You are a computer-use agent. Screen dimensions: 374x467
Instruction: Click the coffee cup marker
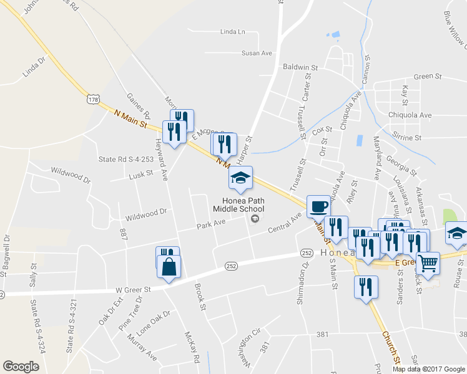tap(318, 206)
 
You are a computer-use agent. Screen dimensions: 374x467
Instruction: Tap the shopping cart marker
tap(428, 263)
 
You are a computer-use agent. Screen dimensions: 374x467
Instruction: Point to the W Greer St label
tap(134, 289)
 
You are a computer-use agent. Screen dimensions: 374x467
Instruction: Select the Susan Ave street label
tap(257, 53)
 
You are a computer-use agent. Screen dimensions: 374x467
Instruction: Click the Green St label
tap(428, 76)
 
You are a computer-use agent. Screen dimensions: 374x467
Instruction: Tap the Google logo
tap(21, 367)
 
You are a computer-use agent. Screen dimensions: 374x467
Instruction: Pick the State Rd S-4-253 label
tap(125, 159)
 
